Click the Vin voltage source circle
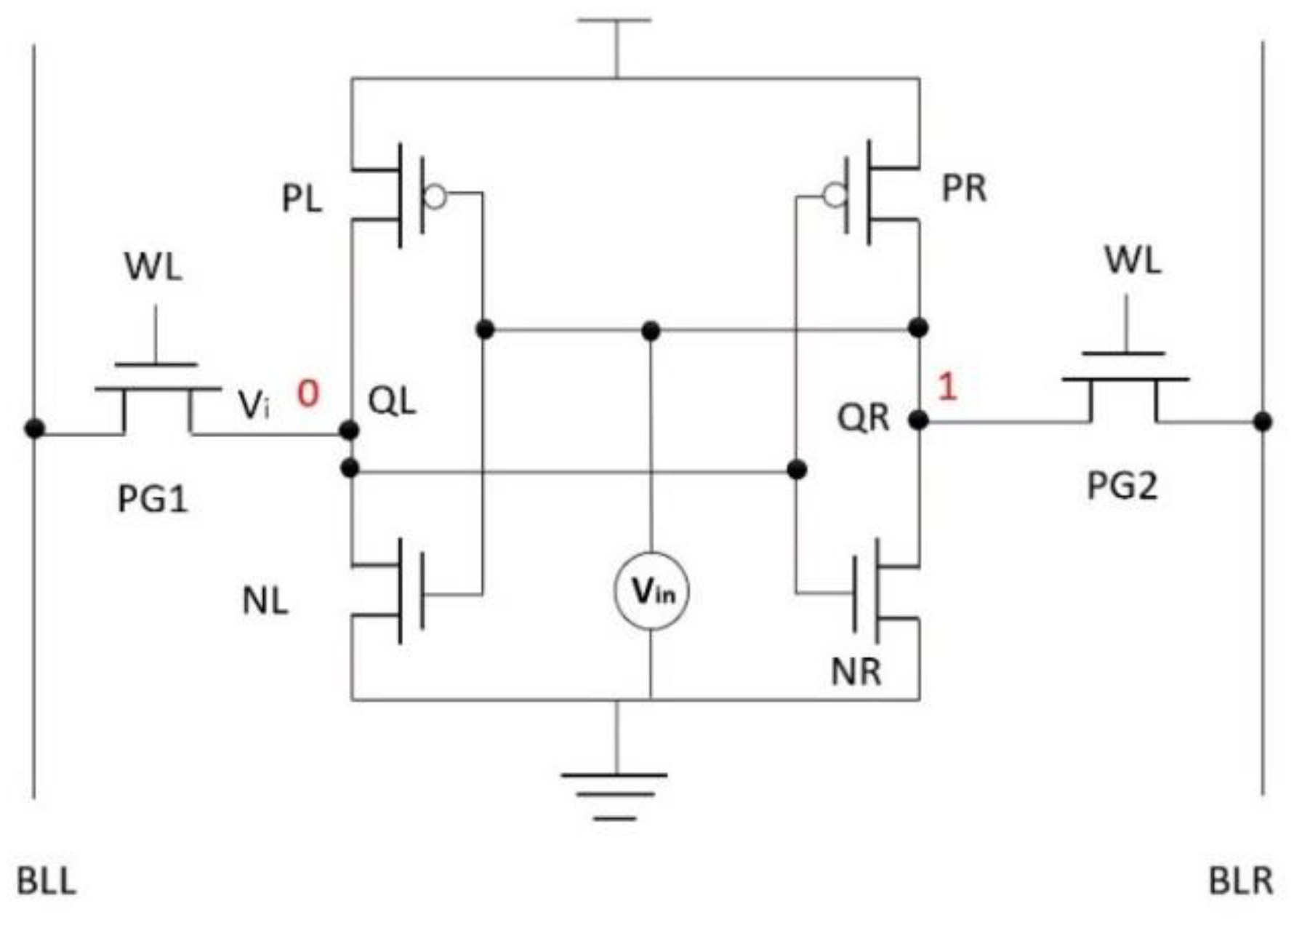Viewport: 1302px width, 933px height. pyautogui.click(x=650, y=591)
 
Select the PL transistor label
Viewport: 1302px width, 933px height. pyautogui.click(x=302, y=199)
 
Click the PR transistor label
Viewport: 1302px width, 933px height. pyautogui.click(x=964, y=188)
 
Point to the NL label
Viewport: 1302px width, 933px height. pyautogui.click(x=265, y=601)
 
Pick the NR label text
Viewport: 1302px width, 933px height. pyautogui.click(x=856, y=671)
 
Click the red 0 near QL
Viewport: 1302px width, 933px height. pyautogui.click(x=308, y=394)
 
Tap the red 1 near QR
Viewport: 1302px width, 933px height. pyautogui.click(x=947, y=386)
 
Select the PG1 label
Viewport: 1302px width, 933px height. pyautogui.click(x=153, y=500)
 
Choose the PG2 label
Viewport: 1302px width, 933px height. pyautogui.click(x=1122, y=485)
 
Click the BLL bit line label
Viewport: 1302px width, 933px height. pyautogui.click(x=46, y=881)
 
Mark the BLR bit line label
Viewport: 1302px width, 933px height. pyautogui.click(x=1240, y=881)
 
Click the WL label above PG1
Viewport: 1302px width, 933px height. pyautogui.click(x=153, y=267)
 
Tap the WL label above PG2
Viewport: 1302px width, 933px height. pyautogui.click(x=1133, y=260)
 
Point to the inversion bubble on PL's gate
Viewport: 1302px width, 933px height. pyautogui.click(x=435, y=196)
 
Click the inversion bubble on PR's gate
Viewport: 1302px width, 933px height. pyautogui.click(x=835, y=195)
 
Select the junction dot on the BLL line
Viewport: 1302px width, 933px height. pyautogui.click(x=34, y=429)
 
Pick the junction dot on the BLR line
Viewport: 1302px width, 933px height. pyautogui.click(x=1263, y=421)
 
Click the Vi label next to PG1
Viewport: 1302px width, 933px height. pyautogui.click(x=253, y=405)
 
